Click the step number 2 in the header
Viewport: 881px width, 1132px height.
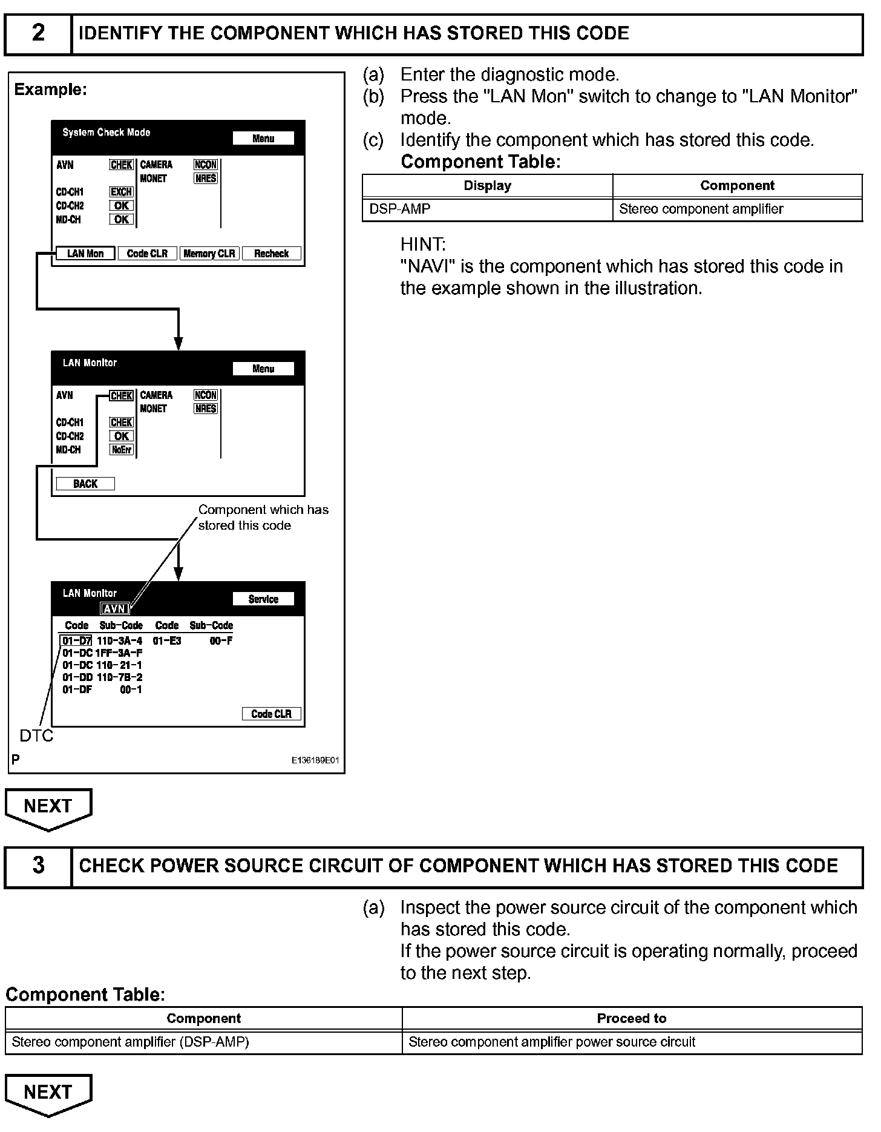tap(38, 33)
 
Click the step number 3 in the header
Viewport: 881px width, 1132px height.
tap(38, 866)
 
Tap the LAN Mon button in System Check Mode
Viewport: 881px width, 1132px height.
tap(85, 254)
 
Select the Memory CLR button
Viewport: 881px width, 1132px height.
tap(209, 254)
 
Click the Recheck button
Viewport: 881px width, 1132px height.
tap(271, 254)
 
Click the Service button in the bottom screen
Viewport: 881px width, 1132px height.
tap(263, 599)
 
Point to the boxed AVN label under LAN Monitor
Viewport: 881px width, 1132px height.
tap(114, 609)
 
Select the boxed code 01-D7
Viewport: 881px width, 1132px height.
tap(76, 640)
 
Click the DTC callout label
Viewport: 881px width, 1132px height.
tap(36, 735)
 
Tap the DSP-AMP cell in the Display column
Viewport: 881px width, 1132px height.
tap(401, 209)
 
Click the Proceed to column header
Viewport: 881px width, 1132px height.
tap(632, 1018)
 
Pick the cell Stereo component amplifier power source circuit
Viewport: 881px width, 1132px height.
tap(552, 1042)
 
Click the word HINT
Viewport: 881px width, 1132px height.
tap(423, 245)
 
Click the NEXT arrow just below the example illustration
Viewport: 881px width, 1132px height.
tap(48, 808)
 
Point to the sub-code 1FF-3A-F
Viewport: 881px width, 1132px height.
tap(119, 653)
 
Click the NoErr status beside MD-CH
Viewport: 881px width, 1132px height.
tap(121, 450)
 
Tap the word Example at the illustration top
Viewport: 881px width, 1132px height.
tap(51, 90)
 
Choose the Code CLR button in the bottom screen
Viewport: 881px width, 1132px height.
tap(271, 714)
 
